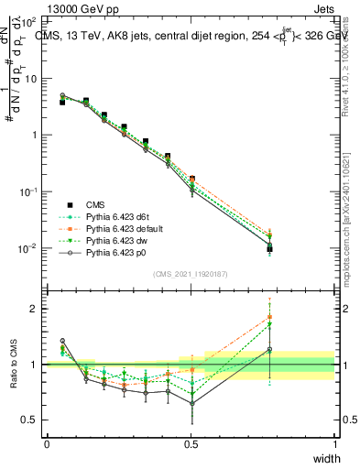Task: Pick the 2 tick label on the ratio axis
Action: coord(36,309)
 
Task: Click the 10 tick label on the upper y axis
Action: coord(32,79)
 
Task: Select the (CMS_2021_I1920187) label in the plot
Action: coord(190,275)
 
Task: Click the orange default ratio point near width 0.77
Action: coord(269,317)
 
